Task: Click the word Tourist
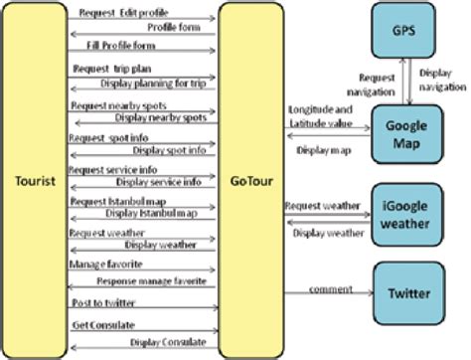point(36,181)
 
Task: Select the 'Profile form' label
point(174,27)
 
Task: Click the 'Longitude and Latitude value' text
point(319,115)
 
